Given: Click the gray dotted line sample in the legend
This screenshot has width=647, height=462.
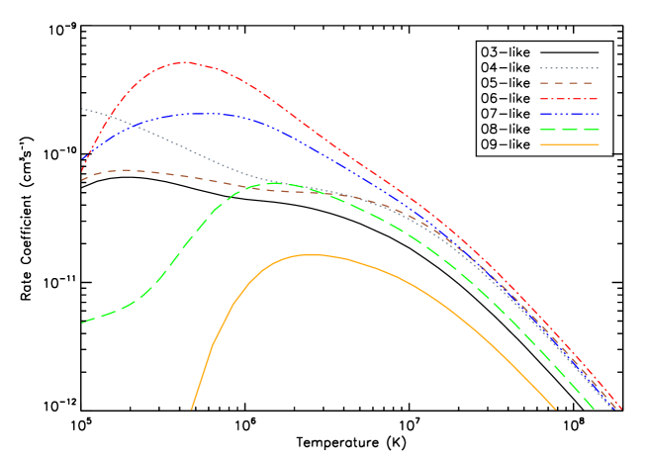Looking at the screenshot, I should click(x=569, y=68).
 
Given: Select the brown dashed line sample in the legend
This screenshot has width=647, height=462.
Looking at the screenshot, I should click(x=569, y=83).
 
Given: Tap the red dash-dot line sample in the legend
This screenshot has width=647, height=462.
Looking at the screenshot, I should click(x=569, y=99).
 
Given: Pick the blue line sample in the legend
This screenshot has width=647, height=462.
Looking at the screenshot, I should click(x=569, y=114).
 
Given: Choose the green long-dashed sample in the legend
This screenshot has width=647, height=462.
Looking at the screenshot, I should click(x=569, y=130).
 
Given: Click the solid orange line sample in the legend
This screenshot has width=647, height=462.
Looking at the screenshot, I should click(x=569, y=144).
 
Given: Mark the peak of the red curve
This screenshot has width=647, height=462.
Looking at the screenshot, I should click(x=185, y=62).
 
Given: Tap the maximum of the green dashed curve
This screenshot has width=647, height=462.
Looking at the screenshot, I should click(x=273, y=182).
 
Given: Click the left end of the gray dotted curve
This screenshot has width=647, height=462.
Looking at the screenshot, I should click(x=82, y=109).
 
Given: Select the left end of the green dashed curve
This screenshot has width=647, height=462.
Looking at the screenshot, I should click(x=82, y=323).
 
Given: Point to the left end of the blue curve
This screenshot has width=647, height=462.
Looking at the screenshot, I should click(x=82, y=158).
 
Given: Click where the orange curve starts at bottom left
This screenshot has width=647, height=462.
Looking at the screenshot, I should click(x=191, y=409).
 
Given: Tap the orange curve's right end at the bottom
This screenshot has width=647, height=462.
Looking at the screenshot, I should click(x=556, y=409).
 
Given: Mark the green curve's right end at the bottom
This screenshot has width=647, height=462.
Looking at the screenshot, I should click(x=595, y=409).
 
